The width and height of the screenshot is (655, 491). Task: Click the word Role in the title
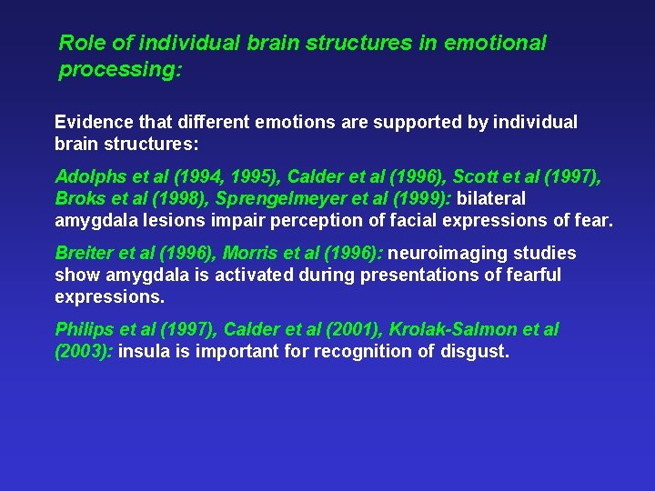(78, 43)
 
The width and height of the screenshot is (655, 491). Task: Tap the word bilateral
(490, 198)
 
